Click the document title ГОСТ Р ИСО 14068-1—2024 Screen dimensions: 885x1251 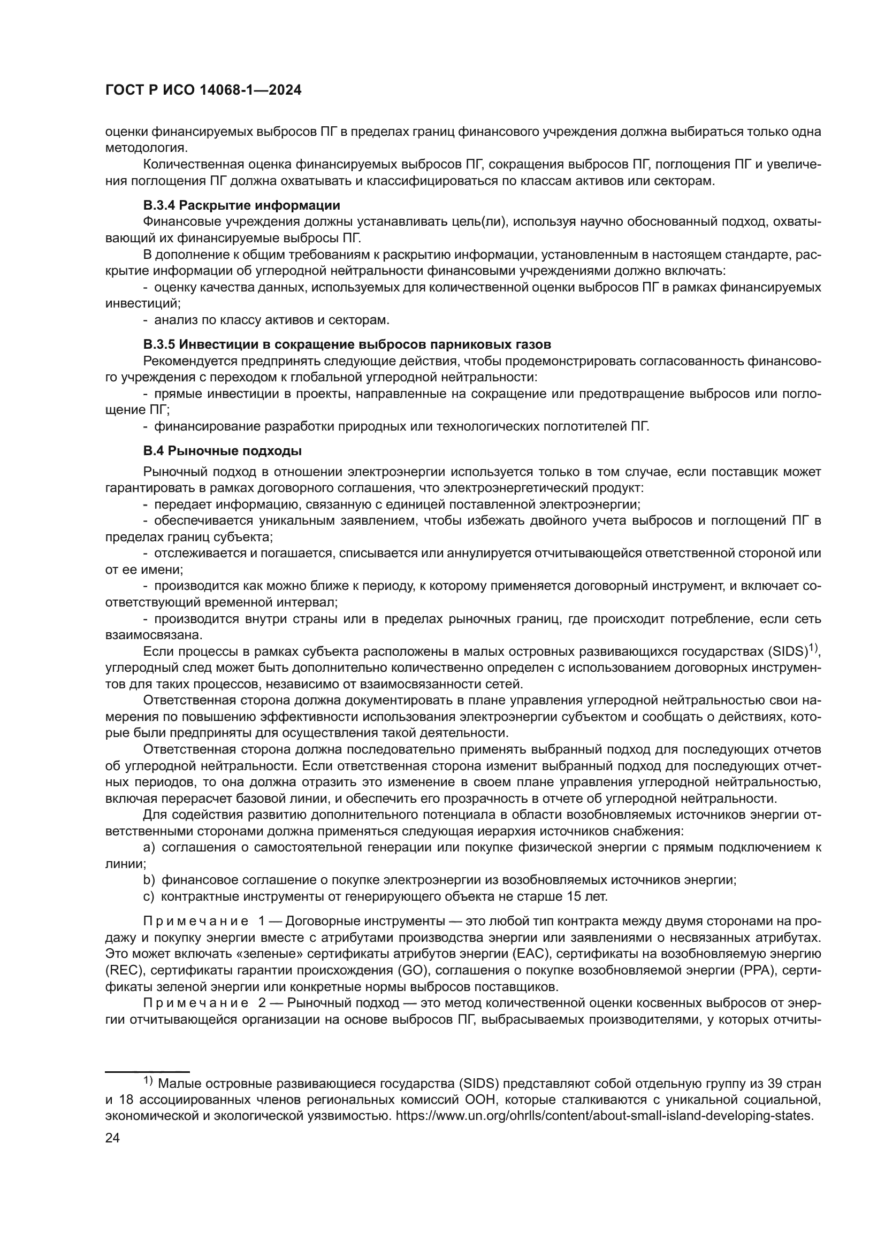point(203,90)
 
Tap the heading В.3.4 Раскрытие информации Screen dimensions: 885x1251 point(241,205)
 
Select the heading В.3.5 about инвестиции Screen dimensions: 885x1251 point(347,344)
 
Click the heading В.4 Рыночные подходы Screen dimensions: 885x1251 point(223,451)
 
